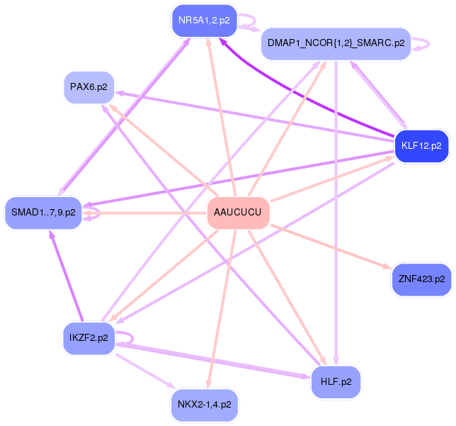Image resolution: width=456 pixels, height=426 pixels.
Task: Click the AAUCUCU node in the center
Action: click(x=238, y=213)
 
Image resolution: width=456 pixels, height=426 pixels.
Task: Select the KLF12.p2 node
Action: click(x=421, y=146)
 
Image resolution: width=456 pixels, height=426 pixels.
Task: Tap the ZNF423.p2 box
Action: click(x=421, y=279)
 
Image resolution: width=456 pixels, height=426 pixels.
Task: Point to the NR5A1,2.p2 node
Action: click(x=204, y=21)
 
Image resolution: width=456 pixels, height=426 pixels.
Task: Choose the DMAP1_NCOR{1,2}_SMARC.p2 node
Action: click(x=335, y=43)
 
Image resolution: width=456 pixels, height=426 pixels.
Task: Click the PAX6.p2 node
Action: click(x=89, y=88)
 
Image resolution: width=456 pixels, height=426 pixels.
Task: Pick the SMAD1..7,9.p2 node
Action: click(x=43, y=213)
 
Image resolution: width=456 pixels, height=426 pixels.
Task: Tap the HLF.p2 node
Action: click(x=336, y=382)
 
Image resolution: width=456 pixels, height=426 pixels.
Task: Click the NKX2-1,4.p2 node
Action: click(x=204, y=405)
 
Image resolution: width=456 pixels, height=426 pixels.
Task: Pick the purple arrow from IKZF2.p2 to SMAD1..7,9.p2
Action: click(x=66, y=276)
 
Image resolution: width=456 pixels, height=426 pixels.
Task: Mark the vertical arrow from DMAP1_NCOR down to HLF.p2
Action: click(x=336, y=213)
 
